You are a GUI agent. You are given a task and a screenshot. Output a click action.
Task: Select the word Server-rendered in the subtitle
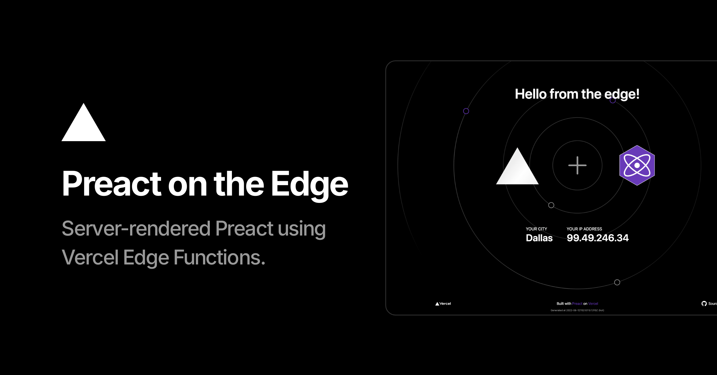point(136,228)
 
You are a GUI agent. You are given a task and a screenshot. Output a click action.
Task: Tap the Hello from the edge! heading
point(577,94)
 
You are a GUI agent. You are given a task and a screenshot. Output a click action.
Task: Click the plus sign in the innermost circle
point(577,165)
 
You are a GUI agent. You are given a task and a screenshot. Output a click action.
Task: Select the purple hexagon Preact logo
point(637,165)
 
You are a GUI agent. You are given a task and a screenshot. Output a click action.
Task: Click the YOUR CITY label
point(536,229)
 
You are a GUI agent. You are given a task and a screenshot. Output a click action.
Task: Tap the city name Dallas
point(539,238)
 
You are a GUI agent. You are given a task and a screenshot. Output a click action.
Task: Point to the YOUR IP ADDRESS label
point(584,229)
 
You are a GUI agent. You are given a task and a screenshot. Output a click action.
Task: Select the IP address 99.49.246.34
point(598,238)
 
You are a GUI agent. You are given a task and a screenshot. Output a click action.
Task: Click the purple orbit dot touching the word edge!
point(613,100)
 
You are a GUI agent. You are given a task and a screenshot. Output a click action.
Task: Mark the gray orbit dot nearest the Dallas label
point(551,205)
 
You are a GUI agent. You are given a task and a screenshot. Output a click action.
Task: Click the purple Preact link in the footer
point(577,304)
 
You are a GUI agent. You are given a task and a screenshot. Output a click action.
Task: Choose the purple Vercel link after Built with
point(593,304)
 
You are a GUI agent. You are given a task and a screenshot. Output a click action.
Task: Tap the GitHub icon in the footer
point(704,304)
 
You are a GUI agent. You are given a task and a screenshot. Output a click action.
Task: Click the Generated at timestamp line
point(577,310)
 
